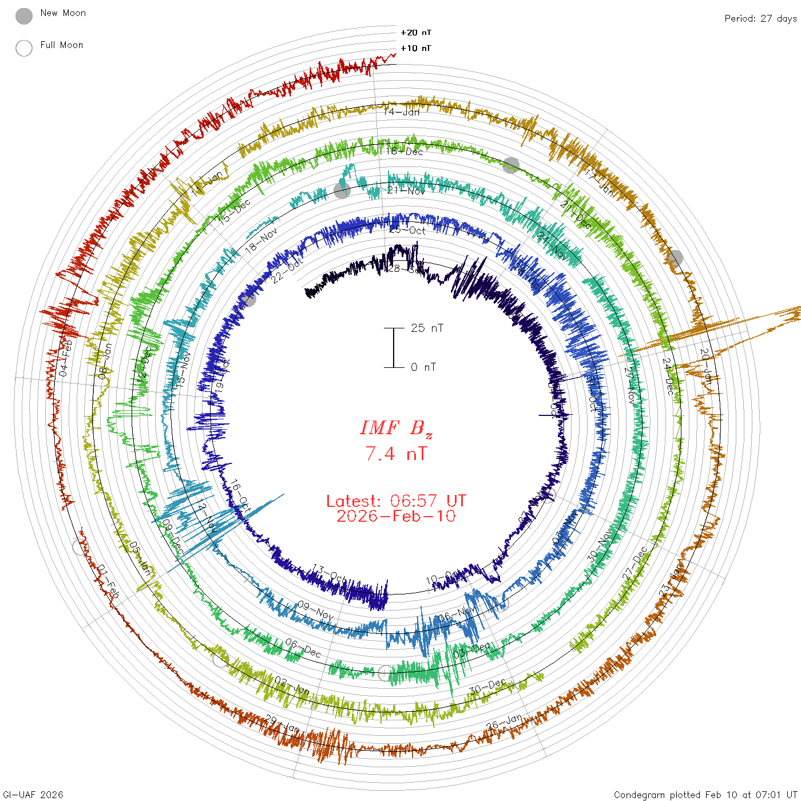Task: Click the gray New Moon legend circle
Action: (x=24, y=16)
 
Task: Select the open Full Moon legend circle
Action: (x=24, y=48)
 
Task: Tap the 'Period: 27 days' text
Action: (x=760, y=18)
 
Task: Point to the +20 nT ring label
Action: (x=416, y=33)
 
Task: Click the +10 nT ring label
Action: (x=416, y=48)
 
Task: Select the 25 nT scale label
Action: (x=427, y=328)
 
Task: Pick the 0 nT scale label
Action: (x=423, y=367)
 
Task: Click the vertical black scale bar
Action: (x=394, y=347)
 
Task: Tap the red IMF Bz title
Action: (x=396, y=428)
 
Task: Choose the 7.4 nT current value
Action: (x=396, y=454)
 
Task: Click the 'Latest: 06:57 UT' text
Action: (x=396, y=501)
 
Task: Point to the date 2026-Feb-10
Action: (x=396, y=516)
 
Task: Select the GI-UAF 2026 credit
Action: (x=32, y=795)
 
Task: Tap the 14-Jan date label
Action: (x=402, y=112)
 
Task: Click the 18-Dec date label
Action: (x=405, y=151)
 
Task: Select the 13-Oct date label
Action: (x=329, y=574)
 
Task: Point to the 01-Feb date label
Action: (x=108, y=582)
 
